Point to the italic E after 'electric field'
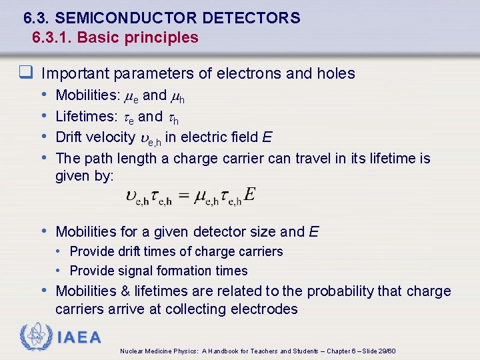(267, 137)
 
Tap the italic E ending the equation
(249, 194)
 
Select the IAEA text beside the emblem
(79, 337)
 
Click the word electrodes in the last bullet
(265, 309)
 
